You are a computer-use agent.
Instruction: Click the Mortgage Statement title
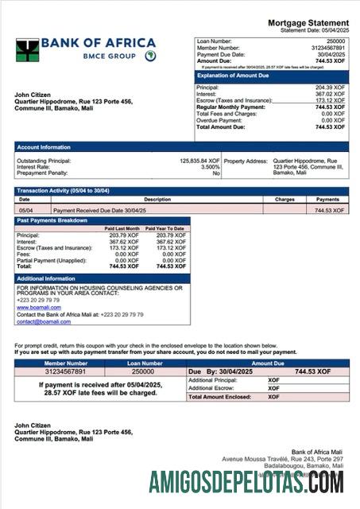308,22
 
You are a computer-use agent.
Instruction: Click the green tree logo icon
27,50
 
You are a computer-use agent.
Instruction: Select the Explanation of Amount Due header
238,76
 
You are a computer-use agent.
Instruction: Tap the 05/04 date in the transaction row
25,211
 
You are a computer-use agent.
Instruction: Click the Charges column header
285,200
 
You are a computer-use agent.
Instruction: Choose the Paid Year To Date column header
166,228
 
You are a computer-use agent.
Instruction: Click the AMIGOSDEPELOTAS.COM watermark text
246,482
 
